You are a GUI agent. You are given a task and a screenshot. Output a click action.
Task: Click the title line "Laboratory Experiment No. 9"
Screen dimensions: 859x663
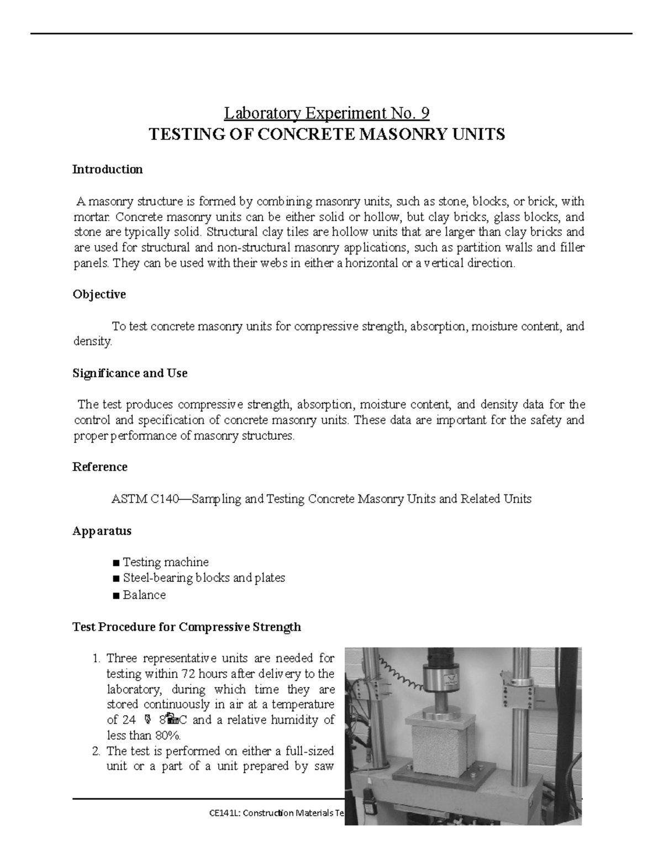(x=327, y=113)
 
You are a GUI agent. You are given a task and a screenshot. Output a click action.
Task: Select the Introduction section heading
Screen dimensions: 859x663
(x=107, y=169)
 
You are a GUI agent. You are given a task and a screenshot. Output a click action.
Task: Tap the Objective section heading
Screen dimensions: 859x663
(x=99, y=294)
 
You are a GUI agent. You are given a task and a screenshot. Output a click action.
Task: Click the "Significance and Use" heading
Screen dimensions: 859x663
(x=130, y=373)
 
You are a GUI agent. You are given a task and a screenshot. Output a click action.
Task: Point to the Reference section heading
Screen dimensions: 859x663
(x=100, y=467)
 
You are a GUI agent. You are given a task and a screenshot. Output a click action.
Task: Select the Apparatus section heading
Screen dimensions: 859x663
(x=102, y=531)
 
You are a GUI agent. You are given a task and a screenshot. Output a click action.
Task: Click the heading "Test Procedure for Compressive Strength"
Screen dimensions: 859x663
(x=187, y=627)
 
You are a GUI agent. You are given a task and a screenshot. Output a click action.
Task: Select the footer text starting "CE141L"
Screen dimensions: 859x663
(x=273, y=813)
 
